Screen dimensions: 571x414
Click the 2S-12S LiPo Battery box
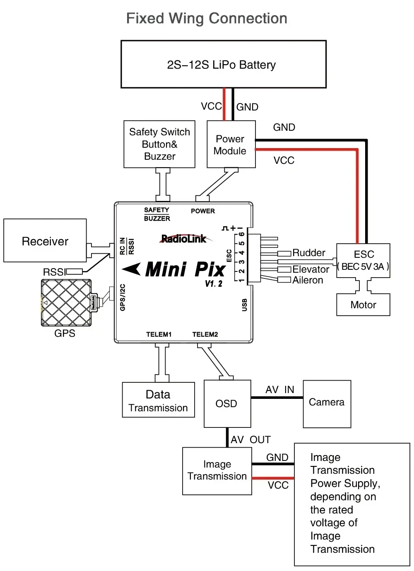223,64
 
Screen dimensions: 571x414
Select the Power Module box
231,144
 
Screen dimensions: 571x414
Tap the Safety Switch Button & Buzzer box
159,144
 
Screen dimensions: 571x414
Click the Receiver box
45,241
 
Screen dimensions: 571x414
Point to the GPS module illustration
66,302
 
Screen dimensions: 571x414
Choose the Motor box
363,305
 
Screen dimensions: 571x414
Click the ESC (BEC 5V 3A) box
363,261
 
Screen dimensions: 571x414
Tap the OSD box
227,403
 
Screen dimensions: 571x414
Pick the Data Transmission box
158,400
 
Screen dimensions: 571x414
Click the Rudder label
308,253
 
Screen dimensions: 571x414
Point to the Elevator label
310,269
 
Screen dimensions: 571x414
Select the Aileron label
308,280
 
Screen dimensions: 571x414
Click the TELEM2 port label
205,334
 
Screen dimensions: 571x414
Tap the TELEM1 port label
159,334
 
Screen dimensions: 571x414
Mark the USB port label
244,305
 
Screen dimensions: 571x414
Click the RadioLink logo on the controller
184,239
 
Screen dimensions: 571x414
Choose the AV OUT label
250,439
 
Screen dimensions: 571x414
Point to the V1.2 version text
214,284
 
